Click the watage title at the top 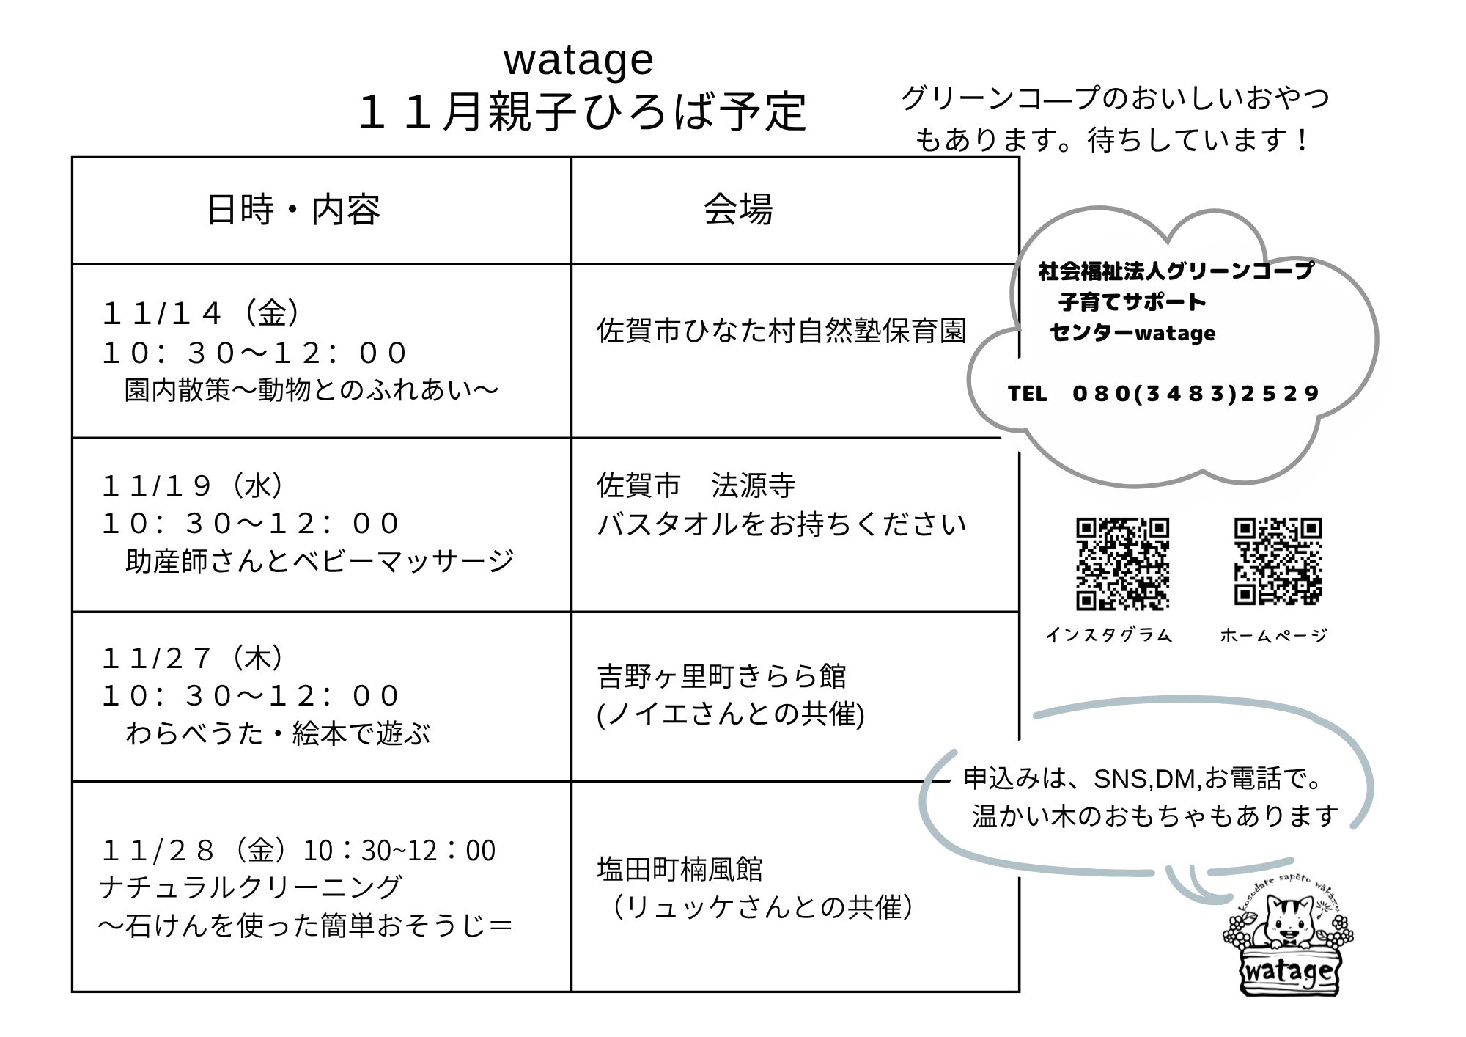click(x=578, y=60)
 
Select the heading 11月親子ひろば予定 click(x=583, y=113)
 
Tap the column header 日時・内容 click(x=293, y=210)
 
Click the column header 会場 click(x=737, y=210)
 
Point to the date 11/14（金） click(x=201, y=314)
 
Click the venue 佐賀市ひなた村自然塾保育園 click(x=781, y=331)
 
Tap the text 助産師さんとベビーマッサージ click(x=320, y=562)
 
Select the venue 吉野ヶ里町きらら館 click(x=721, y=676)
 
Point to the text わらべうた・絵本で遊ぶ click(x=278, y=733)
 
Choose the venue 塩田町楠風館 click(x=679, y=870)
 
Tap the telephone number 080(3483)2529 click(x=1196, y=394)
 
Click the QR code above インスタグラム click(x=1122, y=564)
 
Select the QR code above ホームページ click(x=1278, y=562)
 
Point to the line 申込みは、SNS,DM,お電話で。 click(x=1143, y=779)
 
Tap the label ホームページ click(x=1274, y=635)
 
